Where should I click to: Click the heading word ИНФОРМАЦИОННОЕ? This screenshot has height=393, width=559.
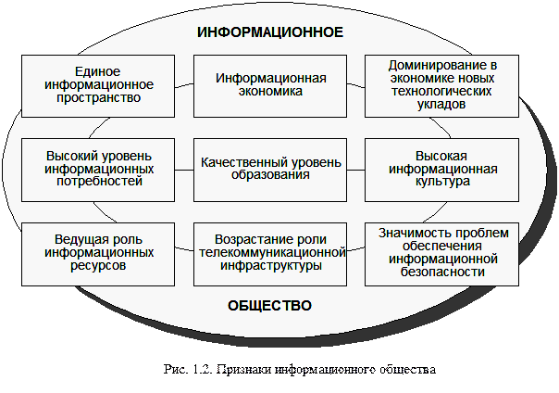coord(270,32)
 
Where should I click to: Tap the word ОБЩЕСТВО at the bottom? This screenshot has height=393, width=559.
coord(269,306)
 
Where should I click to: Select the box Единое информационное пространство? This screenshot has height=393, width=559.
coord(98,85)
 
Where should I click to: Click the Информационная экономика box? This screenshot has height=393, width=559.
coord(270,85)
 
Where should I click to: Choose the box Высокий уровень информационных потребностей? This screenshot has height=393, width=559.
coord(98,169)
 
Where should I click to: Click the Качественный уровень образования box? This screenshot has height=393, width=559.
coord(270,169)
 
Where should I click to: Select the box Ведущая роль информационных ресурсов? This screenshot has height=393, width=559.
coord(98,252)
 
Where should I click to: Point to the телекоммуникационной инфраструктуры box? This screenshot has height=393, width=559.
coord(270,252)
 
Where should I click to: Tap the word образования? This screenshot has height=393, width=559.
coord(269,175)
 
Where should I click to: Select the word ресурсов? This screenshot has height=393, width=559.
coord(98,265)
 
